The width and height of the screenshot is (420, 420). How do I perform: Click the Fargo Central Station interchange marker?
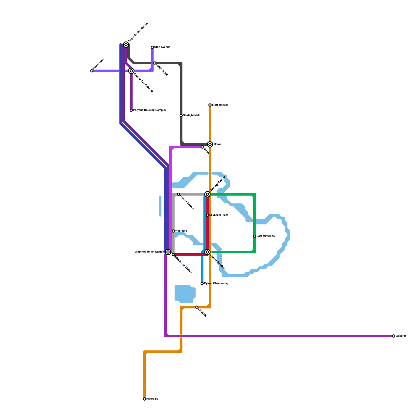click(126, 45)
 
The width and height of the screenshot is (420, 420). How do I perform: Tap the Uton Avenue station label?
click(162, 47)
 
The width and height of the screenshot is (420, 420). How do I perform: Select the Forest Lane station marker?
click(92, 71)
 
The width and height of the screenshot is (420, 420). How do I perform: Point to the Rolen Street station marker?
click(155, 63)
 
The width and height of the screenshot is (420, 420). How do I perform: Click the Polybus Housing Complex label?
click(150, 110)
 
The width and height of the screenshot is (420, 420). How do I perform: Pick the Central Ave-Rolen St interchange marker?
click(131, 71)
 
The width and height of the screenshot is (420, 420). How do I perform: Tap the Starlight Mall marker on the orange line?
click(210, 105)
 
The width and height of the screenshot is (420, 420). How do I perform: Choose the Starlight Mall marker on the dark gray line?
click(181, 115)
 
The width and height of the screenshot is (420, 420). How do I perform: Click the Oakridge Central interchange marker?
click(207, 194)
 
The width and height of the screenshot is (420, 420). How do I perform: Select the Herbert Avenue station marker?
click(178, 194)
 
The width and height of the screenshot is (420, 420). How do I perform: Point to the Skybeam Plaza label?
click(219, 215)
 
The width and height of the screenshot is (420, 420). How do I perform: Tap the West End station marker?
click(173, 231)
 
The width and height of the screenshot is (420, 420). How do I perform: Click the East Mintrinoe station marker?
click(255, 236)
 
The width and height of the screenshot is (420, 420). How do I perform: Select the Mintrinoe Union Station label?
click(149, 252)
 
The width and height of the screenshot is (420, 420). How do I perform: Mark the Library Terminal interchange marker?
click(207, 252)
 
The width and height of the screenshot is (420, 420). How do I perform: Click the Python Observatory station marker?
click(202, 283)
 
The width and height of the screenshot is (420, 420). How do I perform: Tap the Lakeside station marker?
click(197, 307)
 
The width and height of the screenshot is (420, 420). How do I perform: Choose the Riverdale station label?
click(152, 399)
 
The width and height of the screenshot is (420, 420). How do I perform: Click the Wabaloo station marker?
click(394, 336)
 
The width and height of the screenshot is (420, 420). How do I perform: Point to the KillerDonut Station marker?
click(173, 255)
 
